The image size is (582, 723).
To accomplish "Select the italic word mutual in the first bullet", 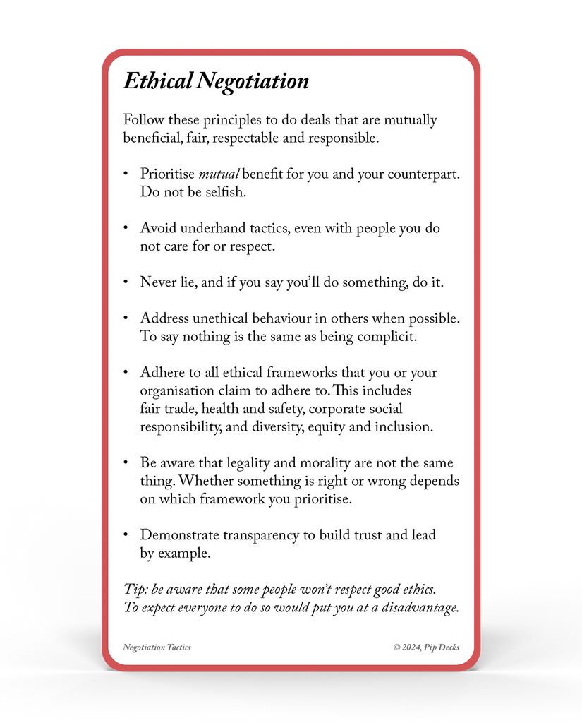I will [x=219, y=174].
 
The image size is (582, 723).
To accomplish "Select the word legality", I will [x=250, y=463].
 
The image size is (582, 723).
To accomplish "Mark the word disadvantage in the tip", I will [x=420, y=607].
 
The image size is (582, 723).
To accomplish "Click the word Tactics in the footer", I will [x=178, y=647].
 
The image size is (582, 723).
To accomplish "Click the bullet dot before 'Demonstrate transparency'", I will [x=126, y=534].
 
